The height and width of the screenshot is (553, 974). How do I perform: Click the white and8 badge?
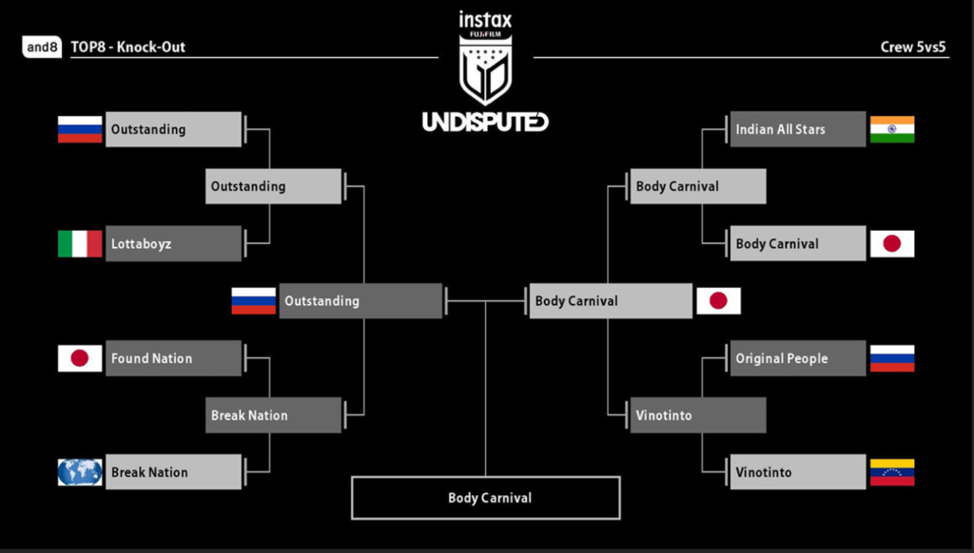coord(42,47)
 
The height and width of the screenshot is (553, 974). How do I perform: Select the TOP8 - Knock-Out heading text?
coord(127,47)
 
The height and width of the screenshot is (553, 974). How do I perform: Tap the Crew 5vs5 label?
coord(914,47)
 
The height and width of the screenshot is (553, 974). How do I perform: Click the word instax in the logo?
coord(485,20)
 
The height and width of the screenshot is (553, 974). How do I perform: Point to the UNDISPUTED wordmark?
coord(485,122)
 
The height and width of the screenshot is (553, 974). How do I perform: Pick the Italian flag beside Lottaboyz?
coord(80,243)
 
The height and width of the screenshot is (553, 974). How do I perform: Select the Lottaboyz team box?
coord(173,243)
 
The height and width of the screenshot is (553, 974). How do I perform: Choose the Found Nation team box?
coord(173,358)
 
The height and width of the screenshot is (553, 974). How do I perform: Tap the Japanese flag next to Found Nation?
coord(80,358)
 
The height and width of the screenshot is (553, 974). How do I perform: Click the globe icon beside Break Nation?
coord(80,472)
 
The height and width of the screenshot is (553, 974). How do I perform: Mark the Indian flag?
coord(892,129)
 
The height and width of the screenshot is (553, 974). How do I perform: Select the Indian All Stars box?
coord(798,129)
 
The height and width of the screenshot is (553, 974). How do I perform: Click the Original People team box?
coord(798,358)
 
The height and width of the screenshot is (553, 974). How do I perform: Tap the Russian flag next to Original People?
coord(892,358)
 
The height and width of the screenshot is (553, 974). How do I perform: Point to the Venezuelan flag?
coord(892,472)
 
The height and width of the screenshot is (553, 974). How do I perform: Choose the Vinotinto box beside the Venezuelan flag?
coord(798,472)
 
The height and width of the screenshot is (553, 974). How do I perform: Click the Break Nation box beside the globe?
coord(173,472)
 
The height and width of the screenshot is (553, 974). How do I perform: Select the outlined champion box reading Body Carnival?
coord(485,498)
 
